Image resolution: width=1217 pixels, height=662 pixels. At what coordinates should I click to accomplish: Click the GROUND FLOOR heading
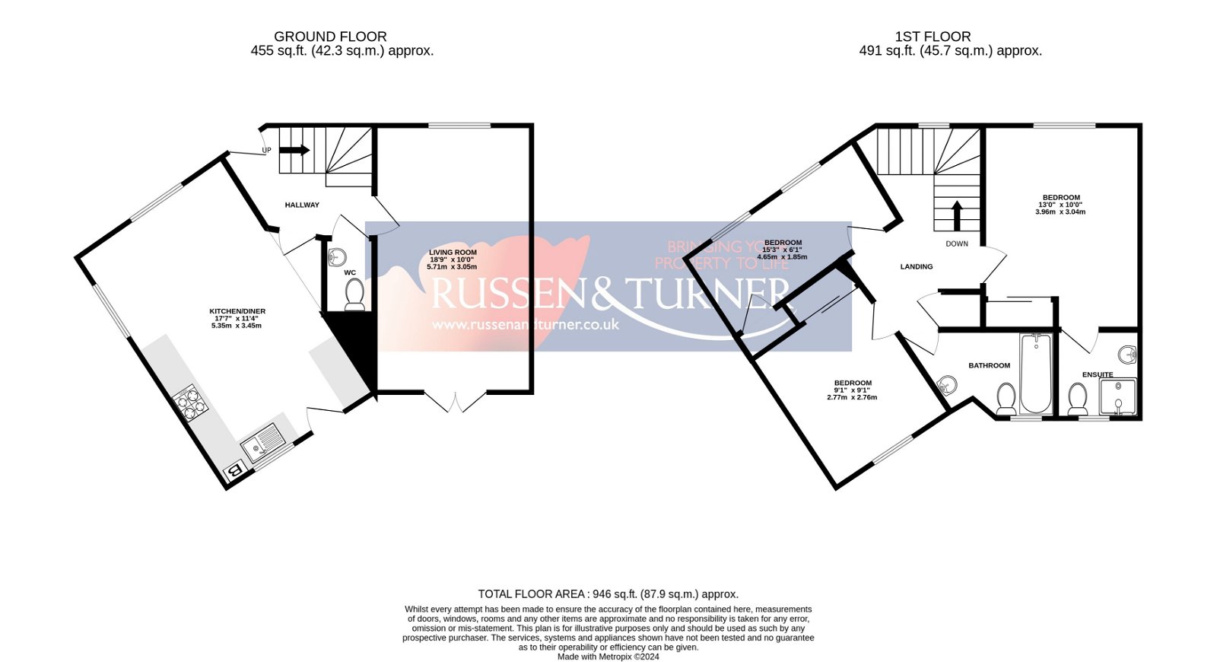(330, 37)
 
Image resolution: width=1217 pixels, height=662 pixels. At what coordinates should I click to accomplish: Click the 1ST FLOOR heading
(933, 37)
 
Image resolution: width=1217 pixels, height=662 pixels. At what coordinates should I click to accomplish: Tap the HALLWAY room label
(302, 205)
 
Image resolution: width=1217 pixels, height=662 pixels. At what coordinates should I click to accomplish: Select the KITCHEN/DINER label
(237, 311)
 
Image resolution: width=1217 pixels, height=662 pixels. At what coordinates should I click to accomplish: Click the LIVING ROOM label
(453, 253)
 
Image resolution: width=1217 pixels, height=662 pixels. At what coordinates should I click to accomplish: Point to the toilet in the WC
(354, 294)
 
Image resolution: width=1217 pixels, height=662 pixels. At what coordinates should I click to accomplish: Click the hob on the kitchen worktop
(191, 403)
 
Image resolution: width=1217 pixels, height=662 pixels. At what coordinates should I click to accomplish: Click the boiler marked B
(236, 472)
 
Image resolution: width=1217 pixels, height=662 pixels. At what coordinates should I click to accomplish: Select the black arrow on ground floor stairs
(295, 150)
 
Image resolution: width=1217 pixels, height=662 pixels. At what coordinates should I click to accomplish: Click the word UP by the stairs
(266, 151)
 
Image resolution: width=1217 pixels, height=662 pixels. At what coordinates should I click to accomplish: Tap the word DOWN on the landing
(957, 244)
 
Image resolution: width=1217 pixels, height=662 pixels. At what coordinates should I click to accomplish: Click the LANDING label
(917, 267)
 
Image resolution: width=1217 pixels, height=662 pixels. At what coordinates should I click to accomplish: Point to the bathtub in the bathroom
(1035, 372)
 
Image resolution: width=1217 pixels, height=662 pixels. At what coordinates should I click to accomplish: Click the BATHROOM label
(989, 366)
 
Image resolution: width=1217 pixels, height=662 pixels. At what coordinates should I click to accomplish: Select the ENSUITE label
(1098, 374)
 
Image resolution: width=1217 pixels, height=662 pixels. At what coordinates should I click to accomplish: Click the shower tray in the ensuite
(1117, 396)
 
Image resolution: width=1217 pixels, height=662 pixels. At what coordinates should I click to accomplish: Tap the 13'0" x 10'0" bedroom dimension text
(1060, 205)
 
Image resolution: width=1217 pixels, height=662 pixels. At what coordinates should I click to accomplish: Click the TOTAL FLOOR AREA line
(608, 594)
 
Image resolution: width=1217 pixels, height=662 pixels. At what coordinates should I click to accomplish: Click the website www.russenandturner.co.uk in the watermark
(526, 325)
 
